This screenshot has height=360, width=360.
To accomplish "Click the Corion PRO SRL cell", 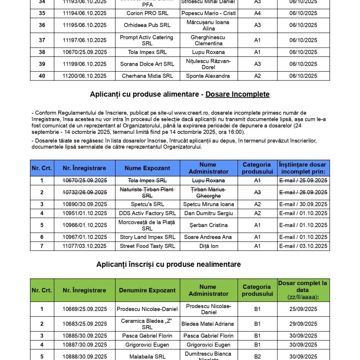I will (x=147, y=13).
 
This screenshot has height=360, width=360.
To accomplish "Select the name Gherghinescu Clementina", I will (x=208, y=40).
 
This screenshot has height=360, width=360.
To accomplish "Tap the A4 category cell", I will (x=257, y=13).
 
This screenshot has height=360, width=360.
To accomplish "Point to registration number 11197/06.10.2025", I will (x=85, y=40).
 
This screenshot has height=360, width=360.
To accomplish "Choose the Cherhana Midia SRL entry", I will (x=147, y=76).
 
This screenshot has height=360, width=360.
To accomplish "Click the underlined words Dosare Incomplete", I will (x=238, y=94).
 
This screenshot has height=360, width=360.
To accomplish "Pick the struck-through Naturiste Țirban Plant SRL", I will (x=147, y=192).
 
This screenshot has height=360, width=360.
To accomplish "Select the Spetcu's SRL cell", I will (x=147, y=204).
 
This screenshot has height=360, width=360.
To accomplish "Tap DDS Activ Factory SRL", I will (x=148, y=213).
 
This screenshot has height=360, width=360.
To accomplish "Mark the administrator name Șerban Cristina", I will (x=208, y=225).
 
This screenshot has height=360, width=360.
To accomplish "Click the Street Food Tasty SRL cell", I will (x=147, y=246).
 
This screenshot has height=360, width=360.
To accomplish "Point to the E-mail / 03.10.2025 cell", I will (x=303, y=246).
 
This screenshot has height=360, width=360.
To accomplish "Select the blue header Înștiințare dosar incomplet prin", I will (x=303, y=168).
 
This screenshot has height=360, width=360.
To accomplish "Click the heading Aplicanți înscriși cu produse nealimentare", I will (x=169, y=265).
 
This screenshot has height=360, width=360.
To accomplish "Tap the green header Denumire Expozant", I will (x=147, y=290).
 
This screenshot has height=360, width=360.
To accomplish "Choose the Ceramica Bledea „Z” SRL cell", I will (x=147, y=324).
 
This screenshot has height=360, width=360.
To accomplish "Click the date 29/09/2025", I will (x=303, y=324).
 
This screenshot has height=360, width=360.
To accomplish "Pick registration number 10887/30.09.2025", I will (x=85, y=345).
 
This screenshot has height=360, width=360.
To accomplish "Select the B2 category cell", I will (x=257, y=356).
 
